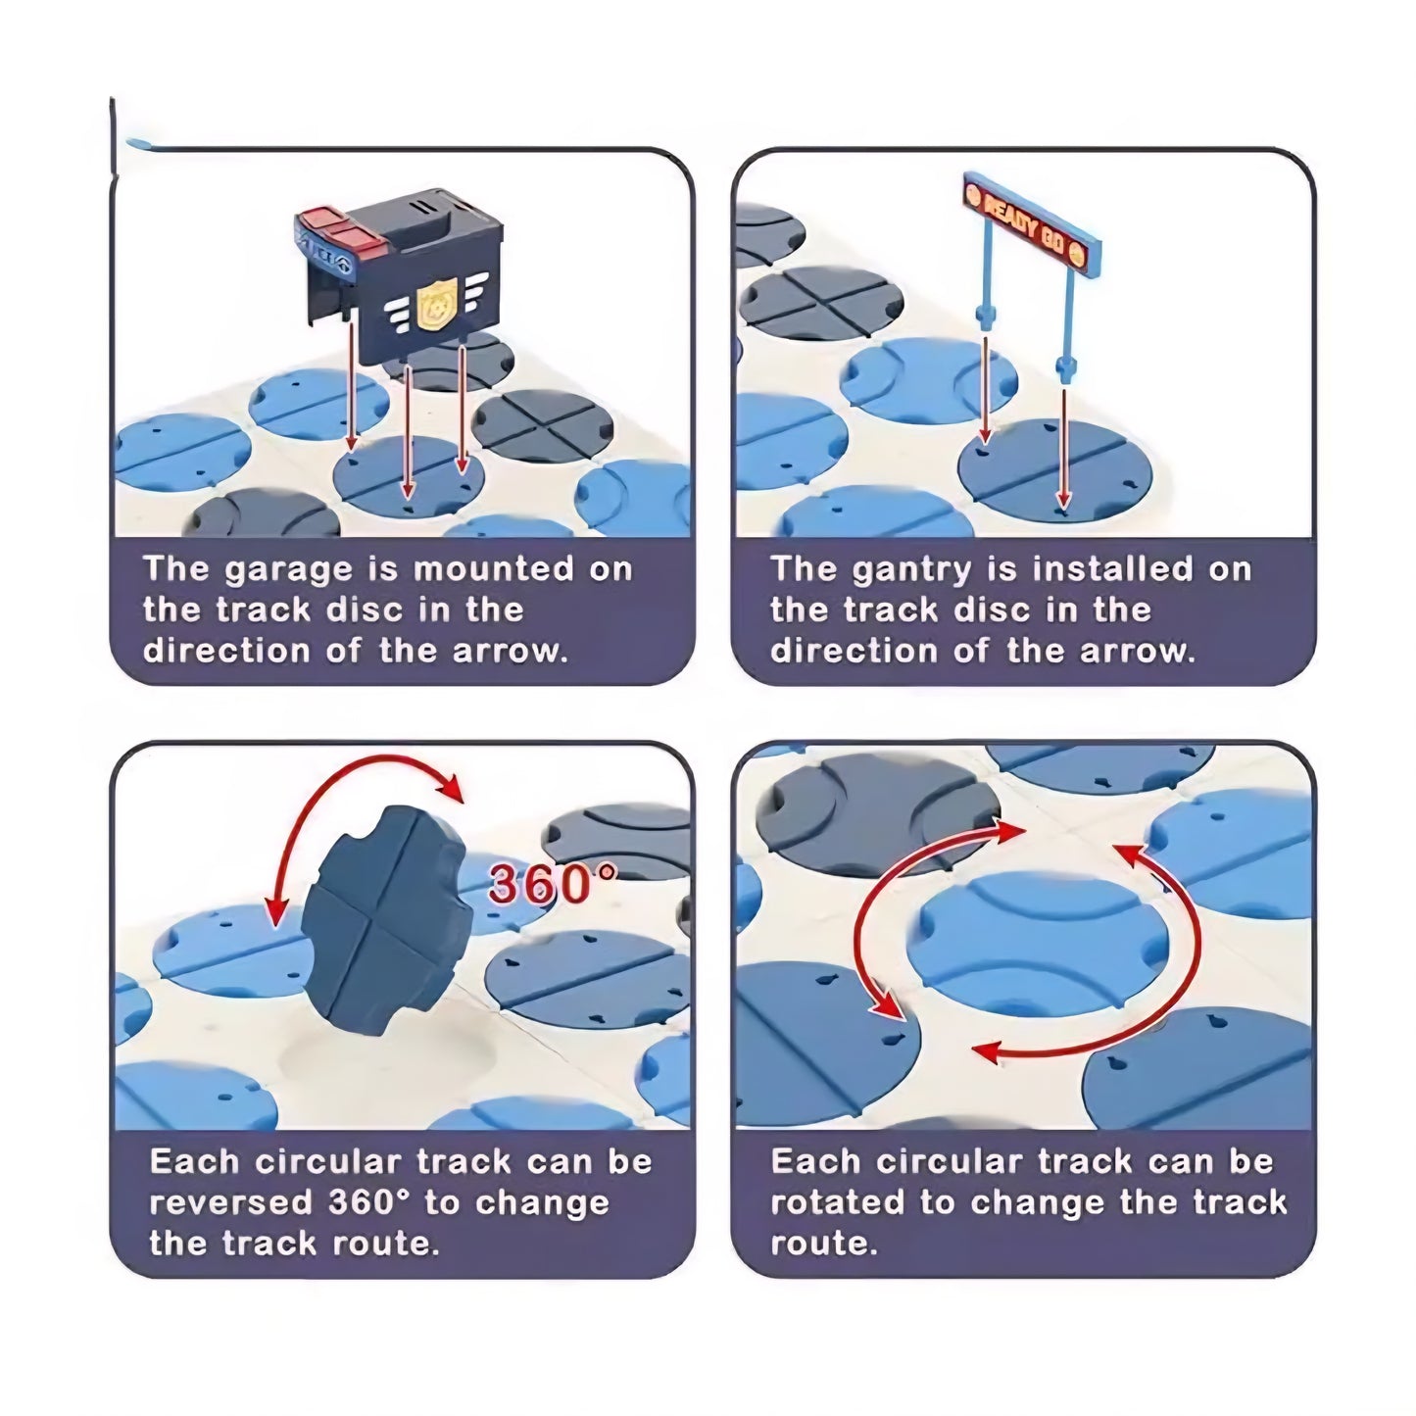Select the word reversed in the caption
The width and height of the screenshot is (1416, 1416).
pos(231,1203)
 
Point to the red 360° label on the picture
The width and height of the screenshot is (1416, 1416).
pos(552,883)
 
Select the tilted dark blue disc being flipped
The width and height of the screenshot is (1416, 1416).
pos(387,918)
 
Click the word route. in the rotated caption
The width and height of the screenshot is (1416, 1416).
pos(824,1245)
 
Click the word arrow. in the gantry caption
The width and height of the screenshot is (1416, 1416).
pos(1138,651)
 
